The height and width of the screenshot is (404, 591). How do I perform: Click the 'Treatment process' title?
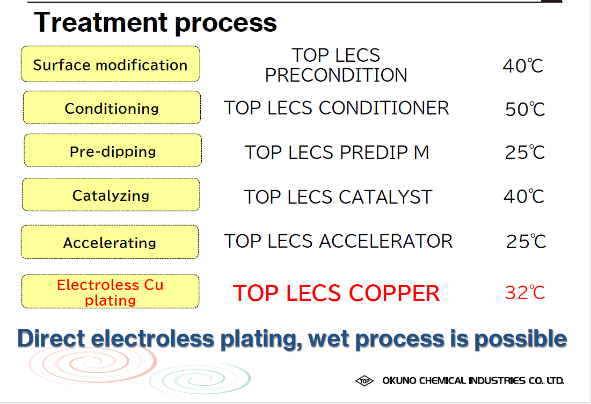point(155,23)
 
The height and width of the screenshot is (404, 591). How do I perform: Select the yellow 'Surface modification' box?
point(111,64)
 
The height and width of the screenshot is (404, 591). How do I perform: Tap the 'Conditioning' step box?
point(112,107)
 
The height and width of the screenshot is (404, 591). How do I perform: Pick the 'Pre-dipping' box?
point(113,150)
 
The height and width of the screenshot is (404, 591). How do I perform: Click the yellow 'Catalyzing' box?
point(111,194)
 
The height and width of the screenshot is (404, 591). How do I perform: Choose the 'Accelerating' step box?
point(110,242)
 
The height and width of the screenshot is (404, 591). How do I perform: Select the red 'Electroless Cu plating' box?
point(111,291)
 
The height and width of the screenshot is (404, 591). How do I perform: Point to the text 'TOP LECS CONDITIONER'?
point(336,109)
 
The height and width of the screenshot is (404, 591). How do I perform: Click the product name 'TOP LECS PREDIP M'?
point(337,153)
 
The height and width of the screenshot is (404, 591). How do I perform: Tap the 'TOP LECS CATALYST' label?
point(338,197)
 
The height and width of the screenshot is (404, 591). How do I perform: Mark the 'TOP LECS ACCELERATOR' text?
point(338,241)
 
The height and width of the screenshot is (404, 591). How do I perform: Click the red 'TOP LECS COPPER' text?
point(336,293)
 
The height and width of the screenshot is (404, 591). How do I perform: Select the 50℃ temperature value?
point(525,109)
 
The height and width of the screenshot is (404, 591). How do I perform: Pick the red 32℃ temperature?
point(525,293)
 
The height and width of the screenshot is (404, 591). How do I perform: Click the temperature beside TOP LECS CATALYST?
point(524,196)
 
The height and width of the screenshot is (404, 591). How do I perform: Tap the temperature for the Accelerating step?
point(526,241)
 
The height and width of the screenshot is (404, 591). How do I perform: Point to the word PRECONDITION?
point(336,75)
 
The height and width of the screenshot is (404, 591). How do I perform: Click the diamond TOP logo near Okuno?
point(364,381)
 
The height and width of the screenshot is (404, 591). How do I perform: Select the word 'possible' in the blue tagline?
point(521,339)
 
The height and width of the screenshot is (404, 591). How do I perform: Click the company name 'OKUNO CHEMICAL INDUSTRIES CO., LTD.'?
point(473,380)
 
